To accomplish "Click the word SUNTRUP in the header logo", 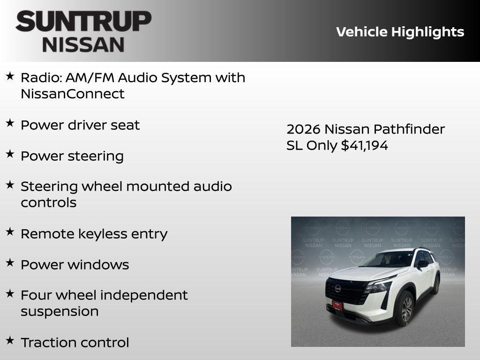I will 83,22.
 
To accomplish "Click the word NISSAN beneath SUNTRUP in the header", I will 83,45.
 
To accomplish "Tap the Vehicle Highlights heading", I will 400,32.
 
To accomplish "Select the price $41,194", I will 364,145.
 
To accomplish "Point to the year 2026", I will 303,129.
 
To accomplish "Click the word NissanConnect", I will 72,94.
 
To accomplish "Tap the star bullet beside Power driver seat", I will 10,123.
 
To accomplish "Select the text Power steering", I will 72,156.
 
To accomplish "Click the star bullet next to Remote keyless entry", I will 10,231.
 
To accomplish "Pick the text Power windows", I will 75,265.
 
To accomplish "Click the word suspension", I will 60,312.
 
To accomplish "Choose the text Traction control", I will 75,343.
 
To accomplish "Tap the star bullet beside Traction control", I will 10,340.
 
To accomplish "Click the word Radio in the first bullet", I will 38,77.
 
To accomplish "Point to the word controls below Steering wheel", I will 48,202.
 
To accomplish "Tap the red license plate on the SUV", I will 337,305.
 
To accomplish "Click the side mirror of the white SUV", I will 423,264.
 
